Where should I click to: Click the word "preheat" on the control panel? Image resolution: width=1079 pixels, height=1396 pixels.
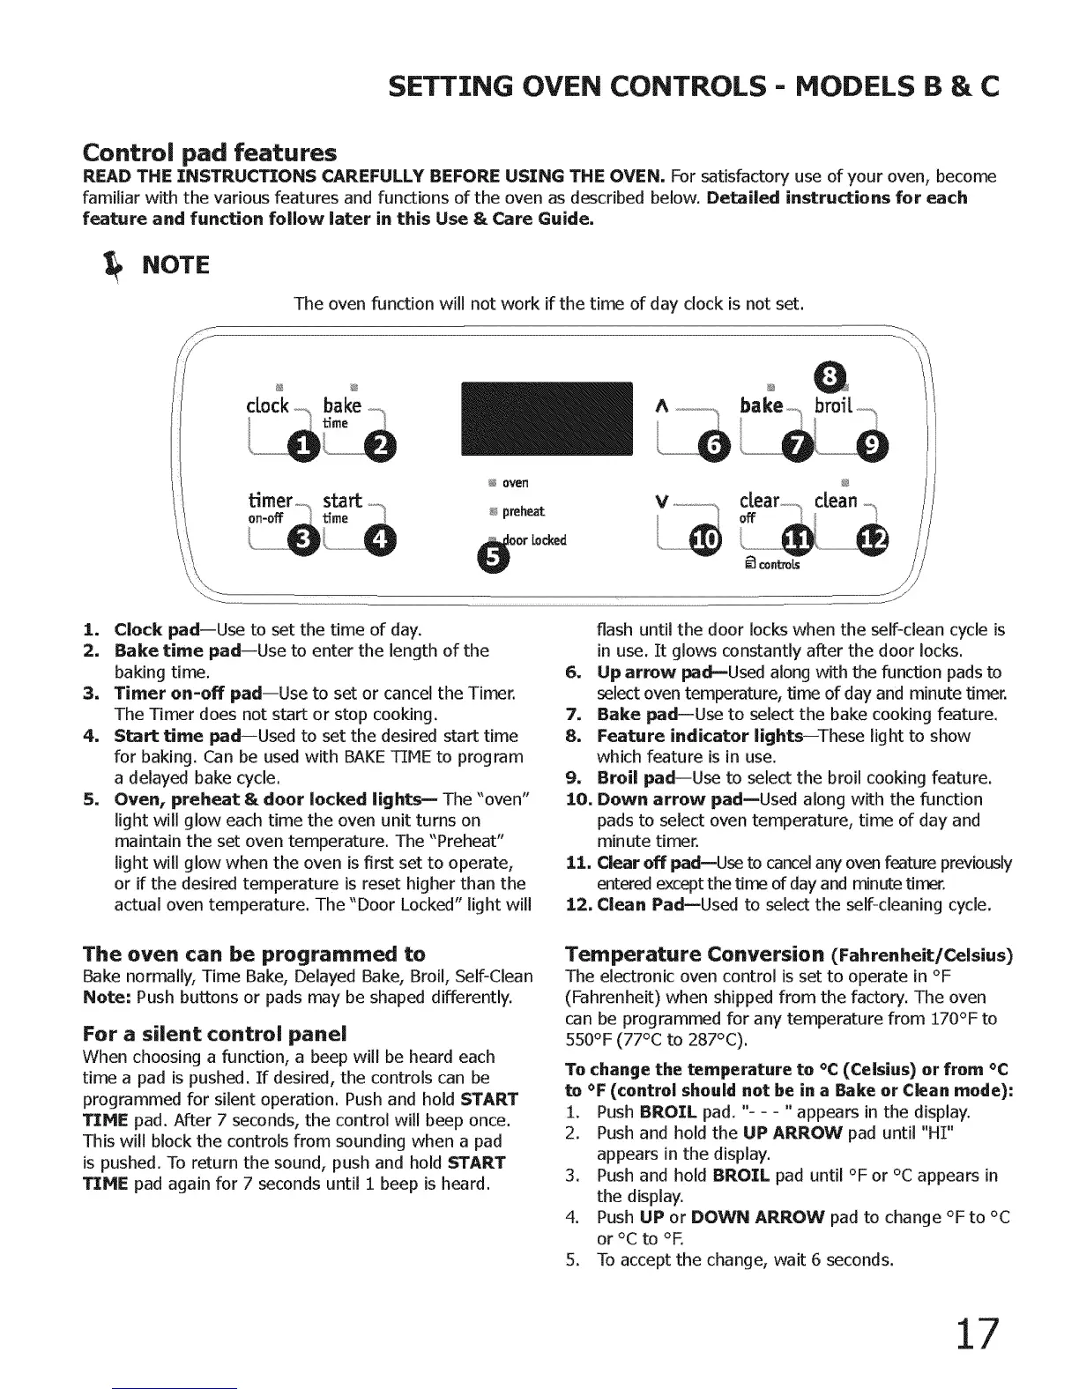[x=523, y=512]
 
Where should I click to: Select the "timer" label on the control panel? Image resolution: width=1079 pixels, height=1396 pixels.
[x=271, y=500]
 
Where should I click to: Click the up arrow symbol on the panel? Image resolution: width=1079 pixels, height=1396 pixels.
[x=659, y=405]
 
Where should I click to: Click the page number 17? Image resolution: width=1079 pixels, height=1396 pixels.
[x=977, y=1333]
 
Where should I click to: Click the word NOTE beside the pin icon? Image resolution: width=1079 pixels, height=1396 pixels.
[x=176, y=264]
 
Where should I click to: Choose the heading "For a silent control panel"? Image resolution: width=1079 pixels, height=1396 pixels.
[x=214, y=1032]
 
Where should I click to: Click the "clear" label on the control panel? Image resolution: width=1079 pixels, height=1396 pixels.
[x=759, y=501]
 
